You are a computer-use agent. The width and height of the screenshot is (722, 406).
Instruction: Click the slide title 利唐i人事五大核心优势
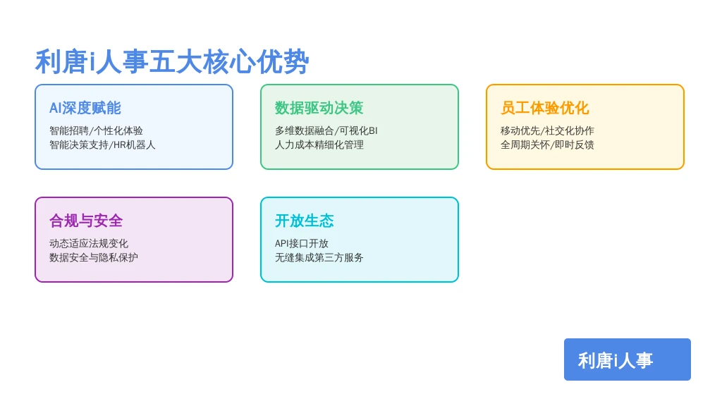pyautogui.click(x=172, y=61)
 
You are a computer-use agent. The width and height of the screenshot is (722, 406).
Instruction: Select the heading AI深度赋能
pyautogui.click(x=85, y=108)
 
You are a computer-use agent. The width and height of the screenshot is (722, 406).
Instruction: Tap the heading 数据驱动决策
pyautogui.click(x=319, y=108)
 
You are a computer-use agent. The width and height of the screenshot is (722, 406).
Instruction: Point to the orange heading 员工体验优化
pyautogui.click(x=545, y=108)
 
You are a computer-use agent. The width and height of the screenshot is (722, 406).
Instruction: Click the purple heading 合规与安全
pyautogui.click(x=86, y=221)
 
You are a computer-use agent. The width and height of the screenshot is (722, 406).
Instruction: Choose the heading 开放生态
pyautogui.click(x=305, y=221)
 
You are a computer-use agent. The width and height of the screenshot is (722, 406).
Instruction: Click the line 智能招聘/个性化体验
pyautogui.click(x=96, y=130)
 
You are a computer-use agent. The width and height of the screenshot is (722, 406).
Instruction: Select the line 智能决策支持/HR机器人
pyautogui.click(x=102, y=145)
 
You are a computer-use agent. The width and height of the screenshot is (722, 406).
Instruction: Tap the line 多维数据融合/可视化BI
pyautogui.click(x=326, y=130)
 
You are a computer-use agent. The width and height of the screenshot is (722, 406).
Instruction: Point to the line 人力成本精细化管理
pyautogui.click(x=319, y=145)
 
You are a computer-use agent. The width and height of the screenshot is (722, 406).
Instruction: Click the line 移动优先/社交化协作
pyautogui.click(x=547, y=130)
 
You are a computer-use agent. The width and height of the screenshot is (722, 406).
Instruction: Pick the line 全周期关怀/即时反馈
pyautogui.click(x=547, y=145)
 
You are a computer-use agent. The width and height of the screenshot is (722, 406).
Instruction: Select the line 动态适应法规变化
pyautogui.click(x=89, y=243)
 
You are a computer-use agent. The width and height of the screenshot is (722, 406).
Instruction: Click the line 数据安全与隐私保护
pyautogui.click(x=94, y=258)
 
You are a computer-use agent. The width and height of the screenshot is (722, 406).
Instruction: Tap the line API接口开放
pyautogui.click(x=302, y=243)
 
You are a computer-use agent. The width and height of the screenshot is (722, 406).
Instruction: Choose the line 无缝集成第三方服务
pyautogui.click(x=319, y=258)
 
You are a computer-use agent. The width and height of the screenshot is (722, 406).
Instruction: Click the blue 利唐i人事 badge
pyautogui.click(x=627, y=359)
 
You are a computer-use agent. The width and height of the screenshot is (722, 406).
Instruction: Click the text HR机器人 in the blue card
pyautogui.click(x=135, y=145)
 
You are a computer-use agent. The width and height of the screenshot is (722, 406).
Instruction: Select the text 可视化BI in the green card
pyautogui.click(x=358, y=130)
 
